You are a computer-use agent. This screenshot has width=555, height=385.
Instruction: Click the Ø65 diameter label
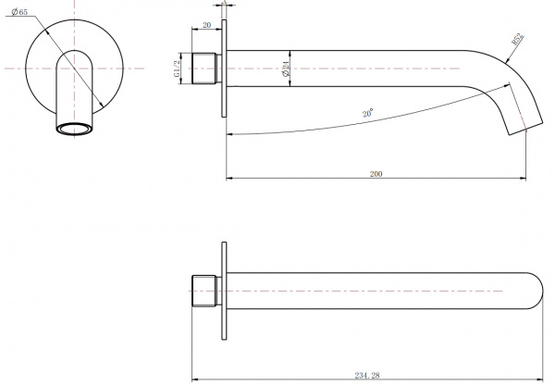[x=19, y=12]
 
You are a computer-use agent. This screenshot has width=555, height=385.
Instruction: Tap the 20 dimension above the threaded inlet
[x=206, y=25]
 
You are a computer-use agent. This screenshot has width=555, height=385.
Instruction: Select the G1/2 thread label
[x=177, y=68]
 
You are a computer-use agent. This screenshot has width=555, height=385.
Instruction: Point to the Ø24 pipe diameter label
[x=286, y=68]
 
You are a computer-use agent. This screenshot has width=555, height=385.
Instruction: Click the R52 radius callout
[x=518, y=39]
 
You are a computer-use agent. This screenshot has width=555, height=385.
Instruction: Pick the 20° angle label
[x=368, y=113]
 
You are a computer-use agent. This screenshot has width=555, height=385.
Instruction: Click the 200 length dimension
[x=376, y=174]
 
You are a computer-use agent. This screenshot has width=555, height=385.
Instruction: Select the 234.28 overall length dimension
[x=367, y=376]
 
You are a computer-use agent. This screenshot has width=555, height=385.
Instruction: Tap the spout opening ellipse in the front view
[x=75, y=129]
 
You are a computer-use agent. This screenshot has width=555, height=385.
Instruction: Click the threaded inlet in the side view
[x=204, y=68]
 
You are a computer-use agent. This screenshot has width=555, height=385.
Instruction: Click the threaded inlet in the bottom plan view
[x=204, y=291]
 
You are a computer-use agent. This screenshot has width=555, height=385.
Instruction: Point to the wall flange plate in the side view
[x=224, y=68]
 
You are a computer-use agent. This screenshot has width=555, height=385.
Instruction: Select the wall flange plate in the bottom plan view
[x=224, y=291]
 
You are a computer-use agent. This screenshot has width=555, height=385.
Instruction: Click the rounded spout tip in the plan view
[x=536, y=291]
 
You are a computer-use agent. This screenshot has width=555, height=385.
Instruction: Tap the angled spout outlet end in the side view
[x=525, y=129]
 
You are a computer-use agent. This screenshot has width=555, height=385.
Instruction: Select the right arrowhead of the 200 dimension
[x=523, y=179]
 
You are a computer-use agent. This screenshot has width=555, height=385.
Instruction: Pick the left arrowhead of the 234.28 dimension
[x=195, y=380]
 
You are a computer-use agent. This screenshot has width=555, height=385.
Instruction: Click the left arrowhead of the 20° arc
[x=230, y=134]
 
